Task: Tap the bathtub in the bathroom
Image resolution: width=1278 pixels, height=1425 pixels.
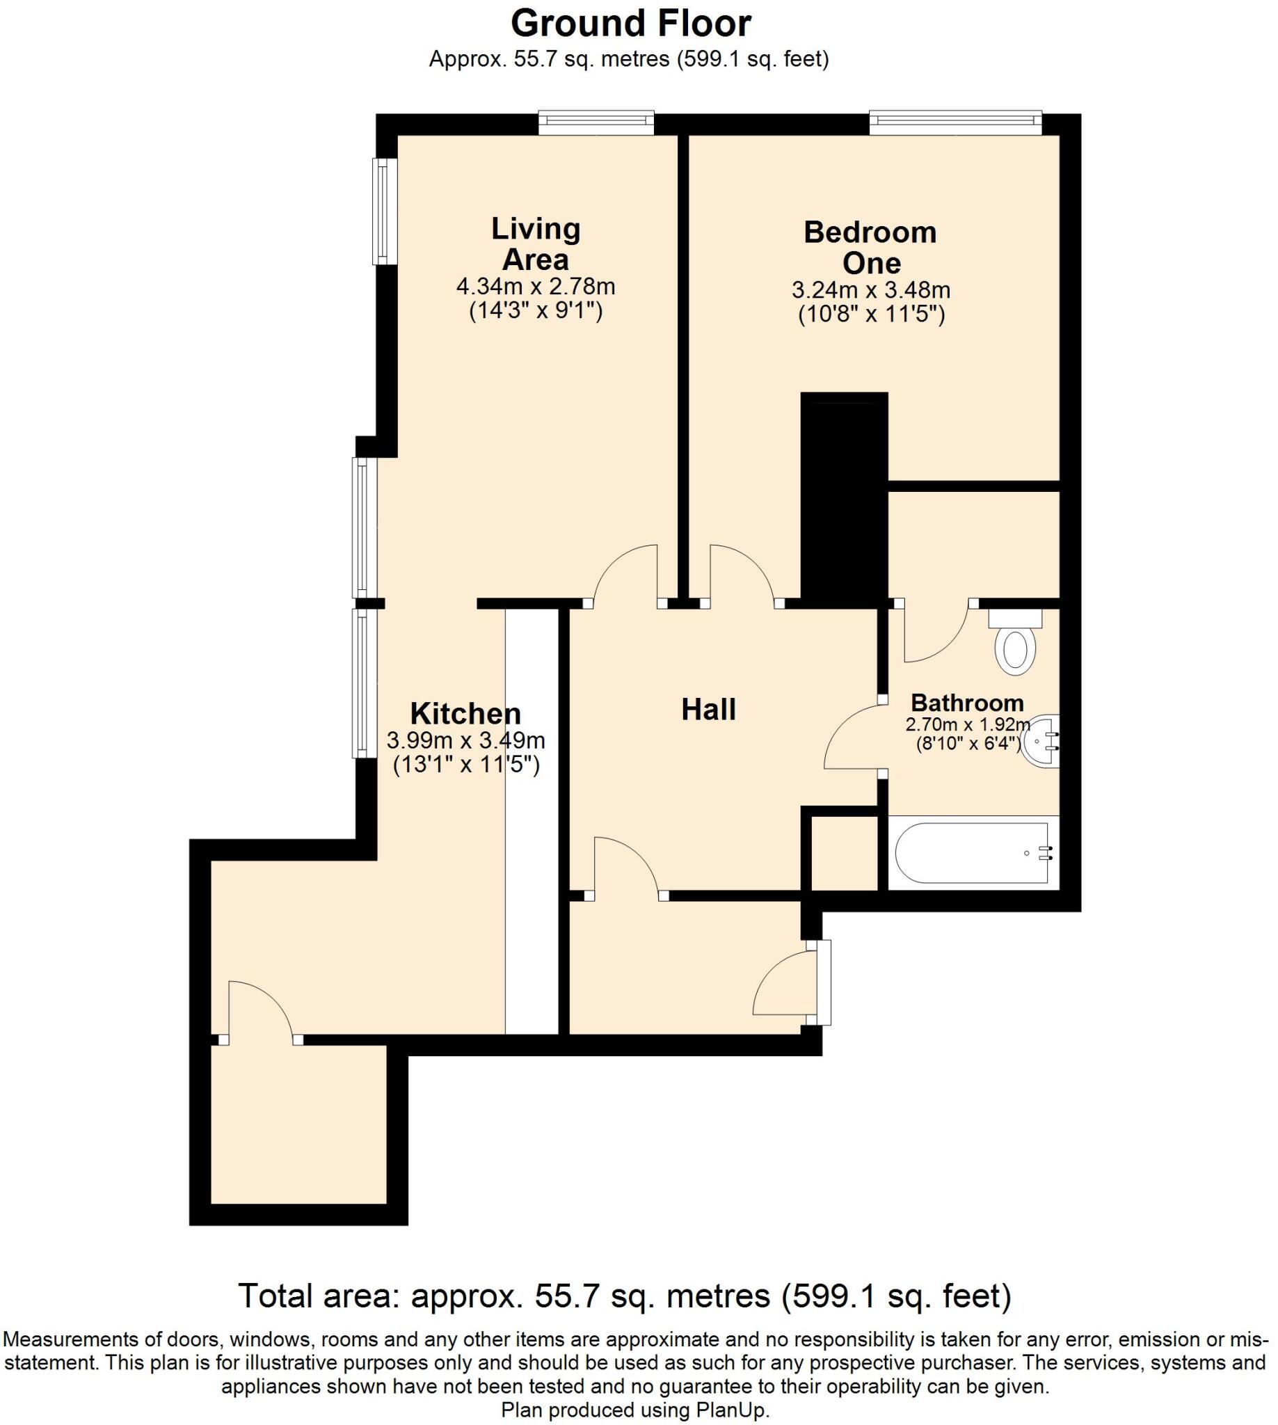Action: click(x=972, y=852)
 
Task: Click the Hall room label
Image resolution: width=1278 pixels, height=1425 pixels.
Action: click(x=708, y=710)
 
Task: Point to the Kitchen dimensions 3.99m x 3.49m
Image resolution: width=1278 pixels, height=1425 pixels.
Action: click(x=465, y=740)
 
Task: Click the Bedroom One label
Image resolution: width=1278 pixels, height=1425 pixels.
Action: click(x=870, y=247)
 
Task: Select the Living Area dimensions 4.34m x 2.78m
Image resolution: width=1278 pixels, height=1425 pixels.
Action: click(x=535, y=287)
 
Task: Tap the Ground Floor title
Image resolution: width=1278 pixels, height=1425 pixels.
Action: click(x=630, y=24)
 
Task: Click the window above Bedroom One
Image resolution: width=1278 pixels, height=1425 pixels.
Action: click(x=955, y=123)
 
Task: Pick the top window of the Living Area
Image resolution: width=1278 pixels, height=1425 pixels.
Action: click(x=596, y=123)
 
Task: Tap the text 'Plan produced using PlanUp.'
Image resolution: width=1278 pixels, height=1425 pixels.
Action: click(x=635, y=1410)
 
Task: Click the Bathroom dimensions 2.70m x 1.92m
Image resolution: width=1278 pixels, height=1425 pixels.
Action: click(x=968, y=724)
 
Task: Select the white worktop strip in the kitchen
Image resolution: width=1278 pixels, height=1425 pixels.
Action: click(x=532, y=822)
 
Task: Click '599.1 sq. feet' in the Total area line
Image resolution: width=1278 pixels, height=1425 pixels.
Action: click(x=897, y=1296)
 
